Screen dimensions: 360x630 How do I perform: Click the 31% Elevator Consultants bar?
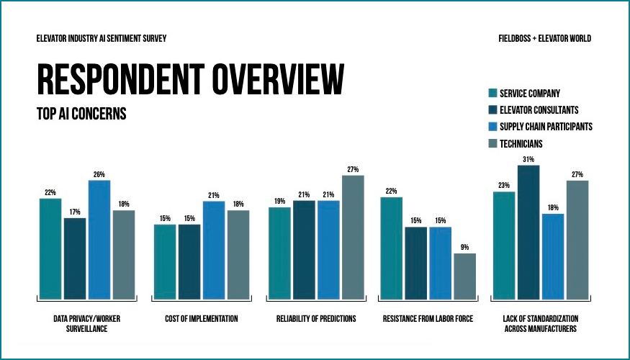pyautogui.click(x=528, y=232)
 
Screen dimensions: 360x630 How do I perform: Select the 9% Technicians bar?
pyautogui.click(x=464, y=276)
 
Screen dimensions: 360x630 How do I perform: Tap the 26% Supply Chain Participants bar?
pyautogui.click(x=99, y=239)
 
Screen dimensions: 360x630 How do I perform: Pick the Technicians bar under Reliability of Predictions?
pyautogui.click(x=353, y=237)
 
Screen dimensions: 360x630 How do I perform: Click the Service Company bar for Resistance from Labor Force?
pyautogui.click(x=391, y=248)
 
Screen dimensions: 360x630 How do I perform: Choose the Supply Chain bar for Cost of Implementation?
pyautogui.click(x=214, y=250)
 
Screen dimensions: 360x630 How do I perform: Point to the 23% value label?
pyautogui.click(x=503, y=185)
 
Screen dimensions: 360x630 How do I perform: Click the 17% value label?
pyautogui.click(x=74, y=212)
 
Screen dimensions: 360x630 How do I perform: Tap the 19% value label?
pyautogui.click(x=279, y=201)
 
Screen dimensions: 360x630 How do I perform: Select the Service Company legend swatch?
pyautogui.click(x=492, y=93)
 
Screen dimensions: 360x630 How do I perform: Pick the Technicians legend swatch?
pyautogui.click(x=492, y=144)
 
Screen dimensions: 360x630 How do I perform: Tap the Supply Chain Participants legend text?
pyautogui.click(x=546, y=127)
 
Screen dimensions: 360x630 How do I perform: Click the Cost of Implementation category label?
pyautogui.click(x=201, y=318)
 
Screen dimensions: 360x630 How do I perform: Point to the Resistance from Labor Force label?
pyautogui.click(x=428, y=318)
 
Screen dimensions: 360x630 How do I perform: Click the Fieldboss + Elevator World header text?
pyautogui.click(x=544, y=38)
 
